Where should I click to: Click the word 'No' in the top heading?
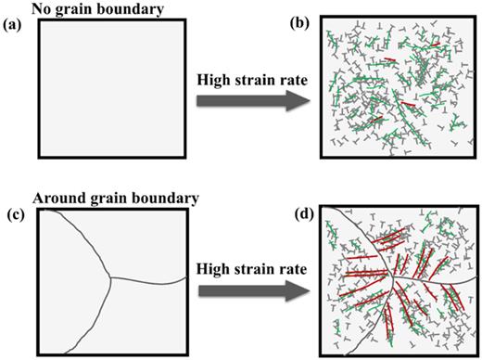(x=43, y=7)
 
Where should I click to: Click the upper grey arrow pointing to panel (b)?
(x=250, y=99)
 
